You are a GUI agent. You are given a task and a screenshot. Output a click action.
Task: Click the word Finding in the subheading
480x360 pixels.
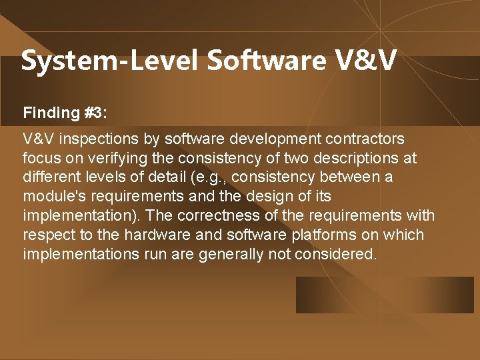point(51,113)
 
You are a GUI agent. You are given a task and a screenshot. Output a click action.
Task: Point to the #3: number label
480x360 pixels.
point(95,113)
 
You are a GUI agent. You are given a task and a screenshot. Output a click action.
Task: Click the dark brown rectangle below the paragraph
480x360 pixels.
point(385,295)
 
